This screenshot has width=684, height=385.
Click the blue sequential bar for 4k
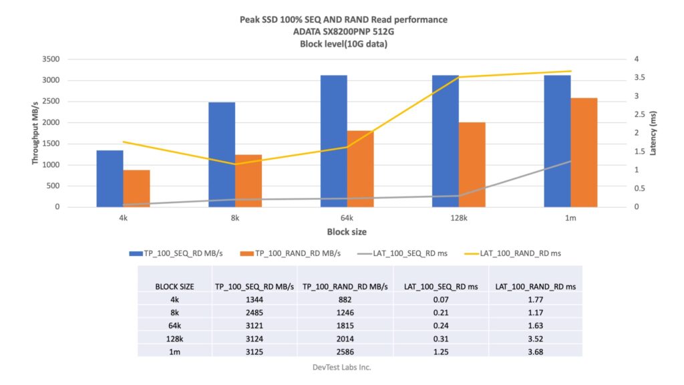coord(110,178)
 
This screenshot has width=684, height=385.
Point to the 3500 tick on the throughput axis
coord(51,59)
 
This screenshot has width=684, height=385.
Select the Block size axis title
coord(346,232)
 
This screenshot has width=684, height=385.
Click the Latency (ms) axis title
coord(654,133)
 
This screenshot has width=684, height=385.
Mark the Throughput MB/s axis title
coord(35,133)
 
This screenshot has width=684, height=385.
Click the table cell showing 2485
coord(254,312)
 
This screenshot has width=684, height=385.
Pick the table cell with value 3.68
coord(535,350)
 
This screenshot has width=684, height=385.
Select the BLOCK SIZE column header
coord(174,286)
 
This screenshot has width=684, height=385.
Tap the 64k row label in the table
coord(174,325)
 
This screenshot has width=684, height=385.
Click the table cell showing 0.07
coord(441,299)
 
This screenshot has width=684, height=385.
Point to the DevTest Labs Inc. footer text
coord(342,368)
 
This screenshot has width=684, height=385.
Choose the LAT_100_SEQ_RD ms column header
coord(441,286)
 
